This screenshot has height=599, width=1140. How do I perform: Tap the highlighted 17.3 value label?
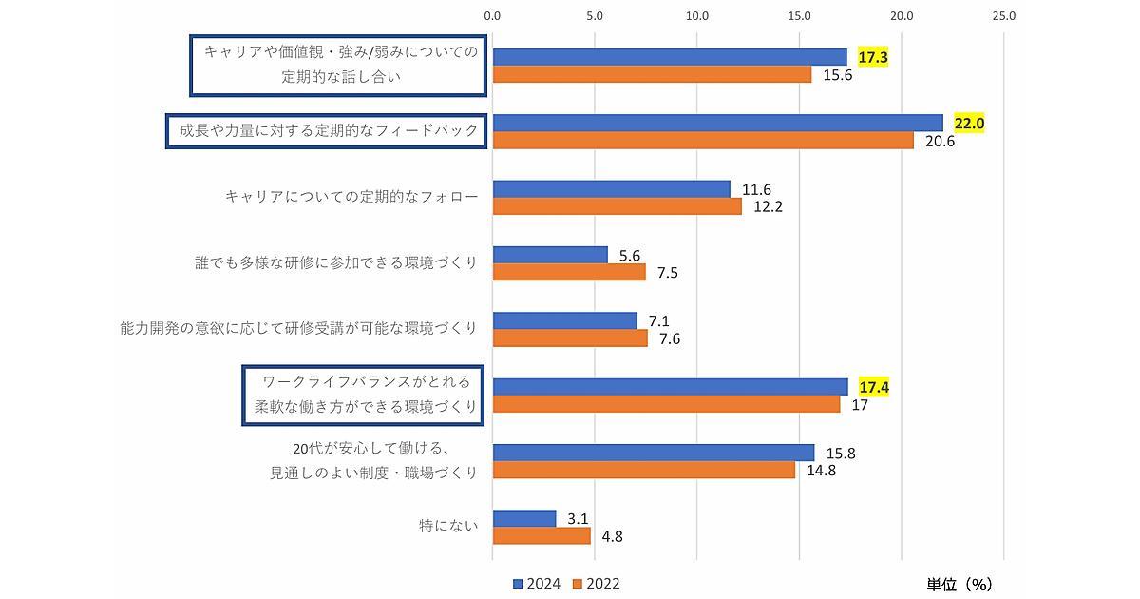click(x=873, y=57)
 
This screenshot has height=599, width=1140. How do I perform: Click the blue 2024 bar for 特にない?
click(x=524, y=518)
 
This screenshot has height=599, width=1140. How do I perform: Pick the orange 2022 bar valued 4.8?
click(x=541, y=535)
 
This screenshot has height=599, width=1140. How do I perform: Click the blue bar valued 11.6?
click(x=612, y=188)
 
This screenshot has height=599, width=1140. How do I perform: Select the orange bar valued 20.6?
click(x=703, y=141)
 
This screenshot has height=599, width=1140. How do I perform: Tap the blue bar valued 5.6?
click(x=550, y=255)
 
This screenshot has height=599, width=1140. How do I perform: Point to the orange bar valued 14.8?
click(x=644, y=470)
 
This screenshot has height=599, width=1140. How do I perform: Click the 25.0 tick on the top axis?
click(x=1004, y=16)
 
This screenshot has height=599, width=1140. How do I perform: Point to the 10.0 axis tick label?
click(x=697, y=16)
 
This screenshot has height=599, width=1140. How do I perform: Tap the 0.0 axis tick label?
click(x=492, y=16)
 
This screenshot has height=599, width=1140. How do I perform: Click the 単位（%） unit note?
click(x=959, y=583)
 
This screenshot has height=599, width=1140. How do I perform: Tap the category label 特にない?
click(x=447, y=525)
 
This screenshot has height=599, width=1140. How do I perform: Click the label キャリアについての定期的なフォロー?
click(x=351, y=197)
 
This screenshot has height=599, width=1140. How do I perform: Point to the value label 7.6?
click(x=671, y=338)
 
